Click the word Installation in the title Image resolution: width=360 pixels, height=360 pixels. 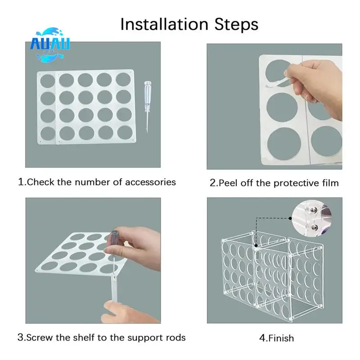coord(164,24)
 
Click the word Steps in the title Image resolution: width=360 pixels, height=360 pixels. coord(236,24)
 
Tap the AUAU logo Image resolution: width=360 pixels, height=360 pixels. coord(50,45)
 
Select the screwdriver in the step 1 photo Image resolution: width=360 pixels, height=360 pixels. coord(147,106)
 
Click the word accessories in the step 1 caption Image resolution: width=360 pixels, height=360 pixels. coord(150,182)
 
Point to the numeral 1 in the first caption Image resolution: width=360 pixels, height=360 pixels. coord(21,182)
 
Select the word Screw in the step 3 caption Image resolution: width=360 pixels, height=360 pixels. coord(40,337)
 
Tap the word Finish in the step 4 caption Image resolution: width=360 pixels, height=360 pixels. coord(281,338)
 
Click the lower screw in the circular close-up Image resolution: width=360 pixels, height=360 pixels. coord(314,227)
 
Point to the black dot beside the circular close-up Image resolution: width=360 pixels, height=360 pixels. coord(290,218)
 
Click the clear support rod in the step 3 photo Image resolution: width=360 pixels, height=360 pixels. coord(114,288)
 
